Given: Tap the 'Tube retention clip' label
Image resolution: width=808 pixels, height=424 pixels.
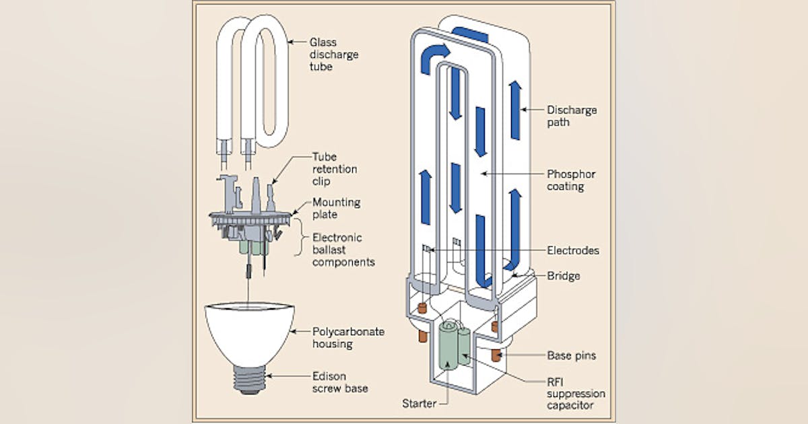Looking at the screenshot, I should [335, 168].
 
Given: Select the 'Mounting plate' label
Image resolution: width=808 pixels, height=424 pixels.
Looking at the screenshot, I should [336, 208].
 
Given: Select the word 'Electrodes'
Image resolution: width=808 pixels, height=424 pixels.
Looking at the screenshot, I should [572, 250].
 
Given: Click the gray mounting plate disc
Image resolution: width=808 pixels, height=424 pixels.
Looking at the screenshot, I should [250, 218].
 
